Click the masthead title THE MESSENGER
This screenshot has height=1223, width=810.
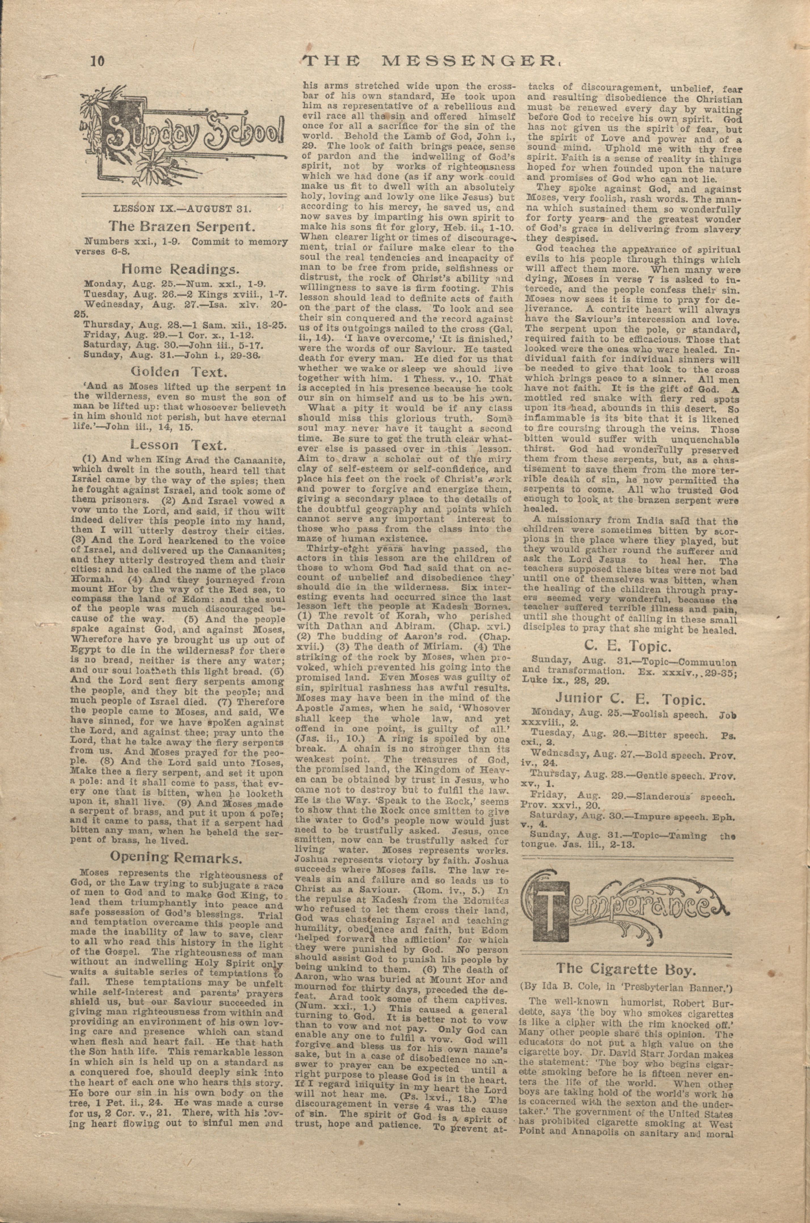pos(431,62)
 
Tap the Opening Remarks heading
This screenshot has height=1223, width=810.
pos(177,857)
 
